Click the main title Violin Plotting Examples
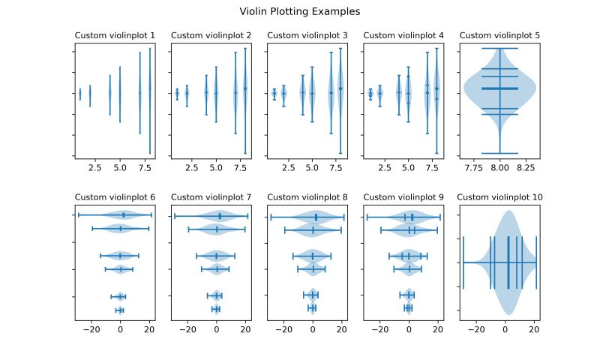300,12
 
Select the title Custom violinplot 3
307,35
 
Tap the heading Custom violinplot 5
499,35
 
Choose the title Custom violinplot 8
307,197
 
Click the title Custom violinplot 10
499,197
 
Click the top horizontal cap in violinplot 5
499,49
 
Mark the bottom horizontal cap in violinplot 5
499,153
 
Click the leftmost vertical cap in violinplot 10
464,262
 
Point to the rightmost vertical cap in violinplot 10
536,262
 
